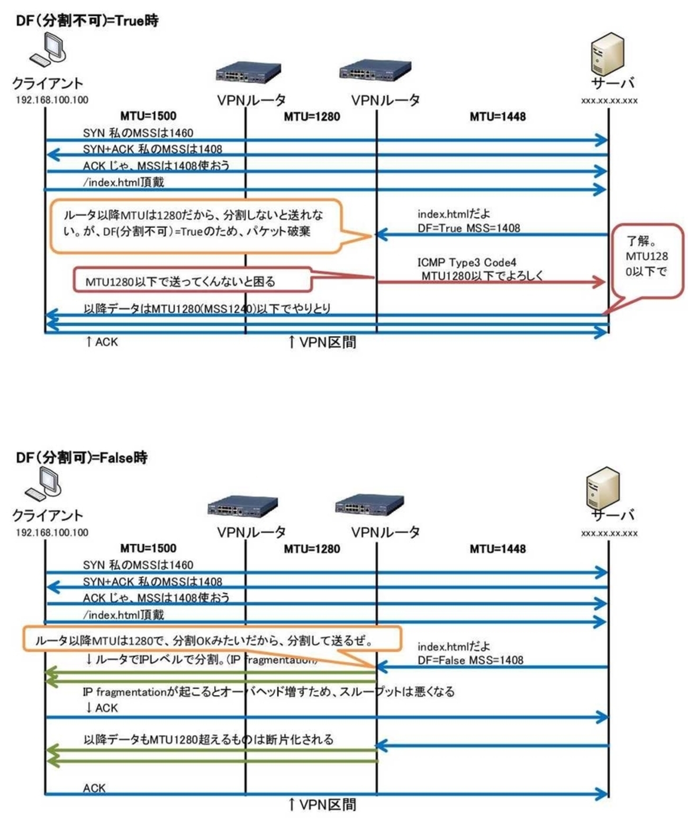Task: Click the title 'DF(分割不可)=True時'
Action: click(87, 21)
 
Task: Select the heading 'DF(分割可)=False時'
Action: click(82, 457)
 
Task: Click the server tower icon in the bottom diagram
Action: click(603, 487)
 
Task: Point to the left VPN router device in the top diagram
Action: click(248, 72)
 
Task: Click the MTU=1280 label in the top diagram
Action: click(312, 117)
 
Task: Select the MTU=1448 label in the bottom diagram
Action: click(497, 549)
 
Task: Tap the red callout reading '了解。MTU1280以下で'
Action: click(647, 260)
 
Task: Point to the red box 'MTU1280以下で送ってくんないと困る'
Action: click(192, 281)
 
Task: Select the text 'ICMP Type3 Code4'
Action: click(466, 262)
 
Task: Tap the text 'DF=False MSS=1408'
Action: click(470, 660)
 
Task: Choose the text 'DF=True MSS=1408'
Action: click(468, 228)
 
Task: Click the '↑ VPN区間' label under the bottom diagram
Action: click(322, 804)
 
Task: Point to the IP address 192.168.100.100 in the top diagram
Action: click(52, 100)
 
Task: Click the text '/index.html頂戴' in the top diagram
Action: click(123, 182)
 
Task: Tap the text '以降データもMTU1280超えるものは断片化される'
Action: click(209, 739)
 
